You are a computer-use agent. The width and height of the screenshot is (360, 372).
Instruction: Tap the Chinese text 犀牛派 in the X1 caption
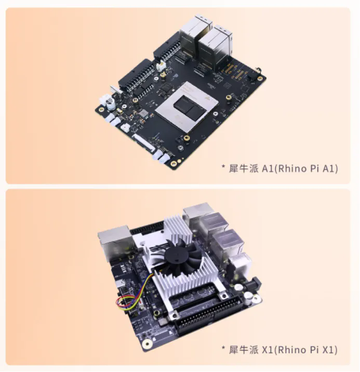[x=243, y=350]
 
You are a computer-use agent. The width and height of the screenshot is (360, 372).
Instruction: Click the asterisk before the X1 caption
[x=223, y=348]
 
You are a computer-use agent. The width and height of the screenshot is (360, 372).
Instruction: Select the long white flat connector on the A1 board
[x=144, y=142]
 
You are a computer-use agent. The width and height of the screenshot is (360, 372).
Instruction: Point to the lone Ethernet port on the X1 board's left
[x=114, y=243]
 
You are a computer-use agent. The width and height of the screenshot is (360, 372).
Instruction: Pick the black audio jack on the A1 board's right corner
[x=254, y=74]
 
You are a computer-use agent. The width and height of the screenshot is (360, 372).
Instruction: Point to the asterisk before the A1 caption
[x=223, y=167]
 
